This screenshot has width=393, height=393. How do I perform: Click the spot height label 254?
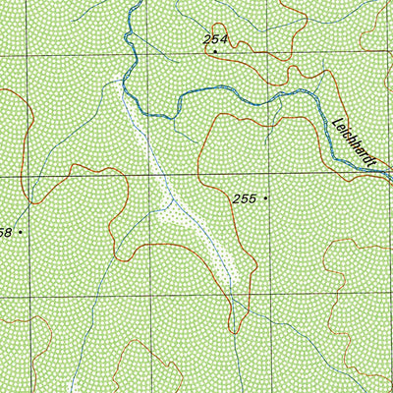tap(214, 39)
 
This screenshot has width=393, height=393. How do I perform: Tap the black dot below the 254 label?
tap(215, 51)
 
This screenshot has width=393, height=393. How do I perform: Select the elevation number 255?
tap(245, 198)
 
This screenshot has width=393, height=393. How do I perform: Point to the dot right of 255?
tap(265, 198)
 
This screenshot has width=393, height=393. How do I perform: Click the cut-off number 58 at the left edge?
tap(5, 232)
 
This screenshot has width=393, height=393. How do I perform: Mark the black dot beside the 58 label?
tap(20, 232)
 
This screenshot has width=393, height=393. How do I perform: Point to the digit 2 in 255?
tap(237, 198)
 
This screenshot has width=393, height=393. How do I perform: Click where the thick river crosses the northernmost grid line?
tap(127, 55)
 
